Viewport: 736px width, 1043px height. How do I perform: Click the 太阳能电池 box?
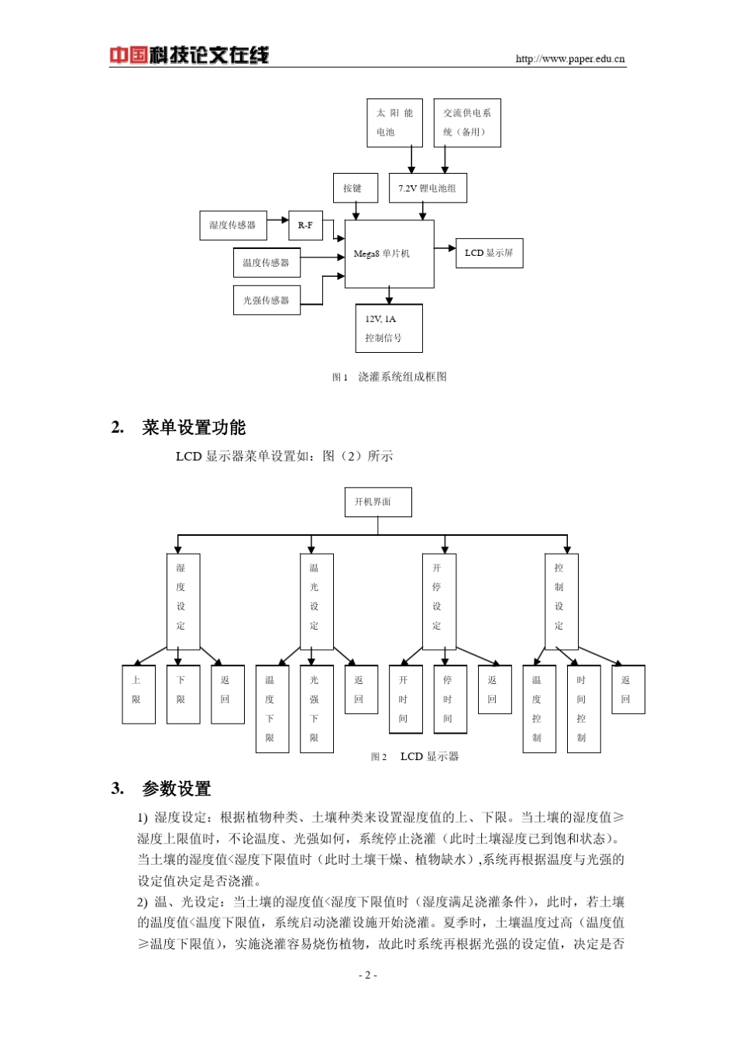tap(394, 123)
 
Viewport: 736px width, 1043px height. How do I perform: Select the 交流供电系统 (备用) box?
tap(466, 123)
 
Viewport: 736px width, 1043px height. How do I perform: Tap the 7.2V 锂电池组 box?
tap(427, 188)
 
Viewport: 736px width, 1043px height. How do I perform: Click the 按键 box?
tap(355, 188)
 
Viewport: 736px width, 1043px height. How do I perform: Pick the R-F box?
tap(305, 226)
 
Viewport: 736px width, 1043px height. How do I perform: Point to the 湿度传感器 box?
tap(232, 226)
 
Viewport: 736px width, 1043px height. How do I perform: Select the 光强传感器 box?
tap(266, 300)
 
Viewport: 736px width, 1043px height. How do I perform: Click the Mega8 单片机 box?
tap(389, 254)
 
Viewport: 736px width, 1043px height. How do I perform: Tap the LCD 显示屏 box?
tap(489, 254)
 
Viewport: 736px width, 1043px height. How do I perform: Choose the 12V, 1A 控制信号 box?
tap(389, 328)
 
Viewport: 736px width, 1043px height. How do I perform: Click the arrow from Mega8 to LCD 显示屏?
tap(445, 248)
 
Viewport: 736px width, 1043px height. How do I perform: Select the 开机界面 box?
tap(377, 502)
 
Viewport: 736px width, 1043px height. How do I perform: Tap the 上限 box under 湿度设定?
tap(139, 694)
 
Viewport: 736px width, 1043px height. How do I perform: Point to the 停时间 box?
tap(449, 699)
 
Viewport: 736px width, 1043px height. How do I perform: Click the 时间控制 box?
tap(583, 709)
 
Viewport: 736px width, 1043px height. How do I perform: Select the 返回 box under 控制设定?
tap(628, 689)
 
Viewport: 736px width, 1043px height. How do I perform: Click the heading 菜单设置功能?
tap(194, 427)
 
